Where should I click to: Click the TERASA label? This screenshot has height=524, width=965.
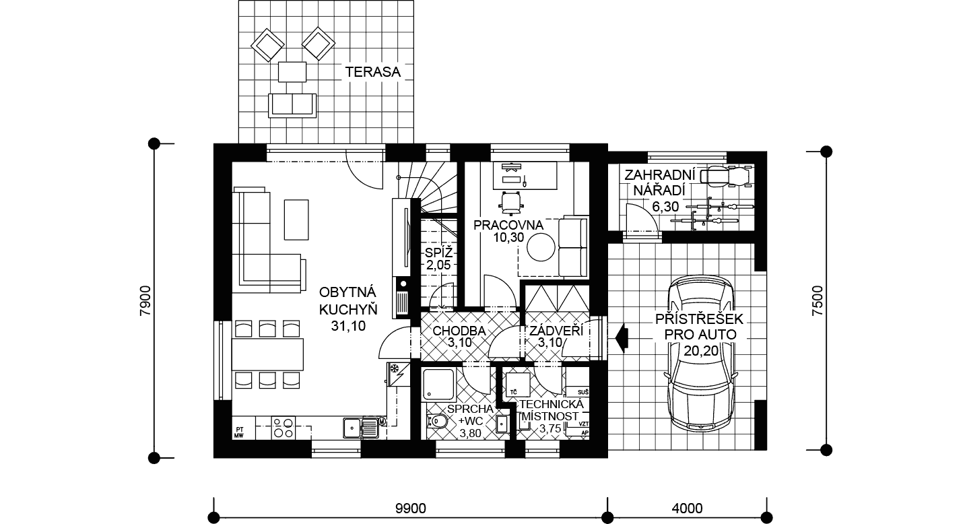372,72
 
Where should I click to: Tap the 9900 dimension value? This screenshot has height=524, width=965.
411,509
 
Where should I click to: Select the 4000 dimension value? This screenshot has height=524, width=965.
687,509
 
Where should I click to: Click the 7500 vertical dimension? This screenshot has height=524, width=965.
817,300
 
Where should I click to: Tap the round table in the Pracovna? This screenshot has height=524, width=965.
541,247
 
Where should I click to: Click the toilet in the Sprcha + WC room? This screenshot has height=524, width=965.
438,421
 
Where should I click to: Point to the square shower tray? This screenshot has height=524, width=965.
438,383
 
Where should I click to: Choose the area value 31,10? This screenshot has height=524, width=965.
348,326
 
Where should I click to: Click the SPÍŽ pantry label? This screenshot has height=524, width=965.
438,252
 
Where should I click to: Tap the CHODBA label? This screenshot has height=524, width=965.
459,331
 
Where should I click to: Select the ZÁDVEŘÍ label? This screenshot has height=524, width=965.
556,331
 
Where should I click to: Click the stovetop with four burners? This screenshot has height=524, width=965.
284,428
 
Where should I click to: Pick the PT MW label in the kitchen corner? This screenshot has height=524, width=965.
239,432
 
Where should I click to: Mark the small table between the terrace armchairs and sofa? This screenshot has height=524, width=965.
292,72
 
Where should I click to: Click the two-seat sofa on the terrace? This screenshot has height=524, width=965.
292,104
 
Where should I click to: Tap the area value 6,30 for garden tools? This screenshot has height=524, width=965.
665,207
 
